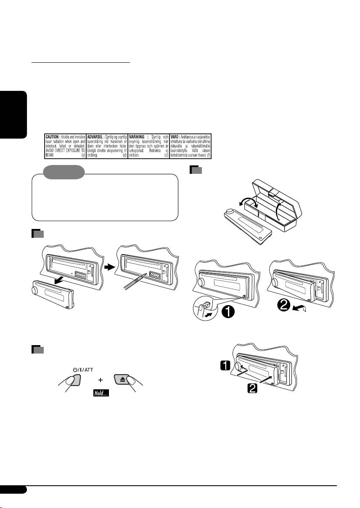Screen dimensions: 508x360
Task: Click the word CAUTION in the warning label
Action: [54, 137]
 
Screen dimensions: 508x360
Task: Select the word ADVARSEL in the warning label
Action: [96, 137]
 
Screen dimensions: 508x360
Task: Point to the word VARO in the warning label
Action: [176, 137]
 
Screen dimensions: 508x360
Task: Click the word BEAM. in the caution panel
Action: [51, 155]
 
